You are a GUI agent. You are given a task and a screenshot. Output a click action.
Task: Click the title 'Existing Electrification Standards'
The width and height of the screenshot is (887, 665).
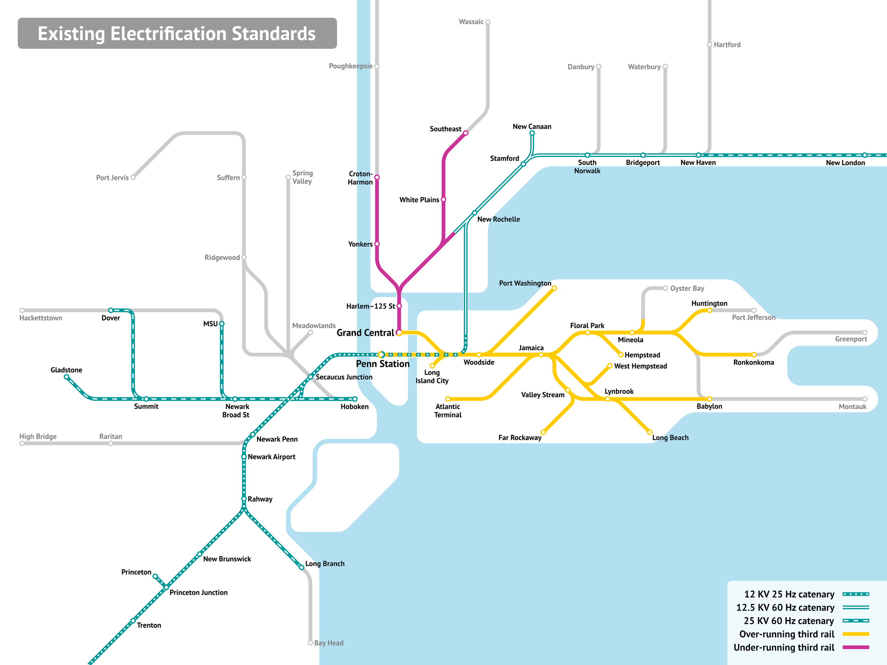pyautogui.click(x=177, y=33)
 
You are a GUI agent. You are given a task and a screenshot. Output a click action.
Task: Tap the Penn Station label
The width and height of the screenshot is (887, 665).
pyautogui.click(x=382, y=364)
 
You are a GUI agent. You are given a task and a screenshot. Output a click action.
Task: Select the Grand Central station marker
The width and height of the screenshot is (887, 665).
pyautogui.click(x=399, y=333)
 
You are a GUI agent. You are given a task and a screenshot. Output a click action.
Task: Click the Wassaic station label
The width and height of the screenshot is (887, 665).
pyautogui.click(x=471, y=22)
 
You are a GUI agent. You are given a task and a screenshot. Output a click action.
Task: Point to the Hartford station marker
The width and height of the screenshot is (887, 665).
pyautogui.click(x=709, y=44)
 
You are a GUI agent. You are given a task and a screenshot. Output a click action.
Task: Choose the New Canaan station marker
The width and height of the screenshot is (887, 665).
pyautogui.click(x=532, y=133)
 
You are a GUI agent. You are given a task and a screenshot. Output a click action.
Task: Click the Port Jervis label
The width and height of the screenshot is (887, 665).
pyautogui.click(x=112, y=178)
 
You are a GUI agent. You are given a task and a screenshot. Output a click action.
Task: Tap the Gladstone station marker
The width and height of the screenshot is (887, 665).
pyautogui.click(x=67, y=377)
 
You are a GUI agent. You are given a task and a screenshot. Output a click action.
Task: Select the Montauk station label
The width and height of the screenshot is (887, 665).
pyautogui.click(x=853, y=406)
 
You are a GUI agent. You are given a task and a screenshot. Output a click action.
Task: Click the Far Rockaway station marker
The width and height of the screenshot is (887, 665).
pyautogui.click(x=543, y=432)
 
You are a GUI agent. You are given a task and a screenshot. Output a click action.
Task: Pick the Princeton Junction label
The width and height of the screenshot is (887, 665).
pyautogui.click(x=198, y=592)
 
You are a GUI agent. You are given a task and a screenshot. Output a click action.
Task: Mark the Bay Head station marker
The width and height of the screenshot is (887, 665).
pyautogui.click(x=310, y=643)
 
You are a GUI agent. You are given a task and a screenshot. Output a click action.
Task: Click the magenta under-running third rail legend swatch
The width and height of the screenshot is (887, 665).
pyautogui.click(x=856, y=647)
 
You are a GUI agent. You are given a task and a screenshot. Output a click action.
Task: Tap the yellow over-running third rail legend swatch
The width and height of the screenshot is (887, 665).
pyautogui.click(x=856, y=634)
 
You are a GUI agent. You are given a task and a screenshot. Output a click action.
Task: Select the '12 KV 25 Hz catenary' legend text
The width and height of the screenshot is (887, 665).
pyautogui.click(x=789, y=594)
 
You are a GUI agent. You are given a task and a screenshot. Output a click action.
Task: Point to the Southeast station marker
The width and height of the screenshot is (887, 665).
pyautogui.click(x=465, y=133)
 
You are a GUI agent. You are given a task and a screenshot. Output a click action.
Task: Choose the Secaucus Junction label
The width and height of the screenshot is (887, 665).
pyautogui.click(x=344, y=377)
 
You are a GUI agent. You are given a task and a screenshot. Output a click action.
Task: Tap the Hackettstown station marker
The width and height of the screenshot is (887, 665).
pyautogui.click(x=22, y=310)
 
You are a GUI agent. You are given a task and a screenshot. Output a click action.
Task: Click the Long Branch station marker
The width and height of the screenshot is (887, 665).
pyautogui.click(x=302, y=567)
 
